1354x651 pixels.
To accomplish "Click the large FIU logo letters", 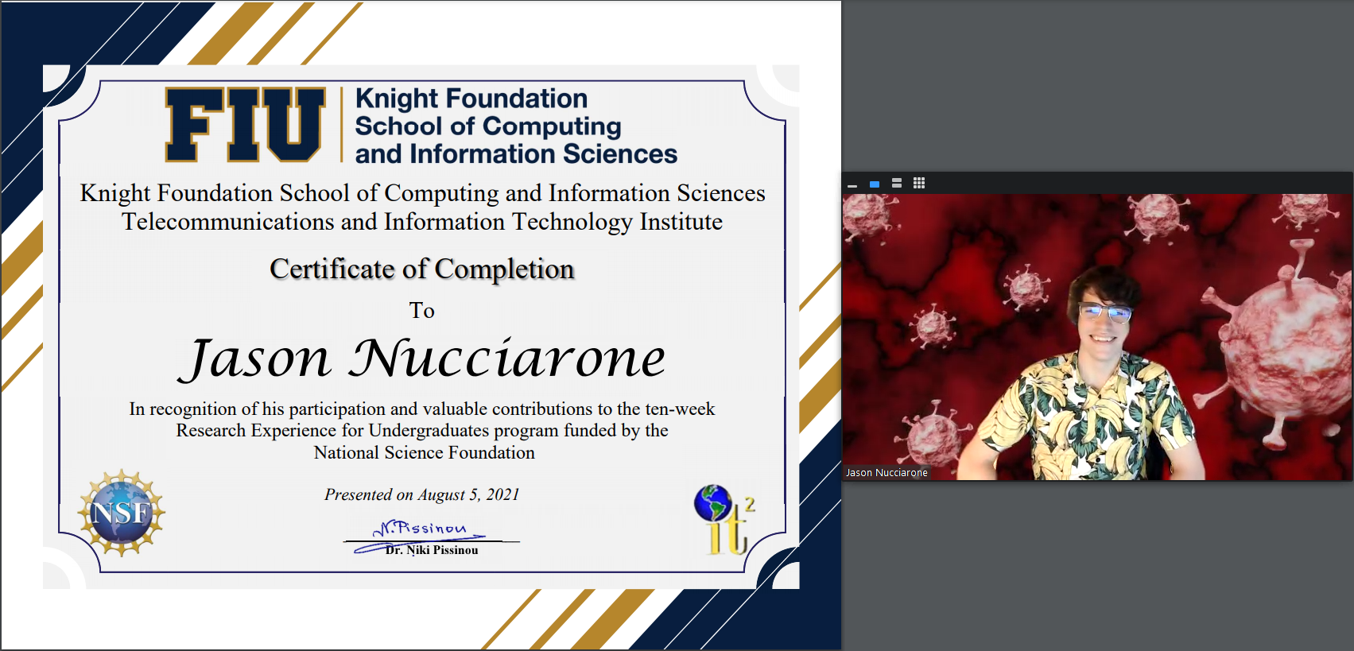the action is [x=246, y=125].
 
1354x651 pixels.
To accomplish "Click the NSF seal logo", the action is [x=122, y=513].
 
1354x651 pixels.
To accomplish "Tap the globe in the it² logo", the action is [x=712, y=502].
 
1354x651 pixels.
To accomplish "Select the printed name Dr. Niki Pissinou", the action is [x=432, y=550].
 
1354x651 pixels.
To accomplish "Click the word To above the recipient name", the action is [x=422, y=311].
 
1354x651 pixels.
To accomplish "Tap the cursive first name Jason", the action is [x=256, y=359].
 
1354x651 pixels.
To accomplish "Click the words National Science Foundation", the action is [x=425, y=453].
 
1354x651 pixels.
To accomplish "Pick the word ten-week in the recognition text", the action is [x=680, y=409].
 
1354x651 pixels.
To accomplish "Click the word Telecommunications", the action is [x=228, y=222].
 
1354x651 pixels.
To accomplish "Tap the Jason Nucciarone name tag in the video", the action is [x=887, y=473].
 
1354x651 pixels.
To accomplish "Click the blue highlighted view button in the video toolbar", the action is [x=874, y=184].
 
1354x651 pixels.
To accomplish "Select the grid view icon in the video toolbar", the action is [x=919, y=183].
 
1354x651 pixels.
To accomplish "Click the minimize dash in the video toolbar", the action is [x=852, y=186].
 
